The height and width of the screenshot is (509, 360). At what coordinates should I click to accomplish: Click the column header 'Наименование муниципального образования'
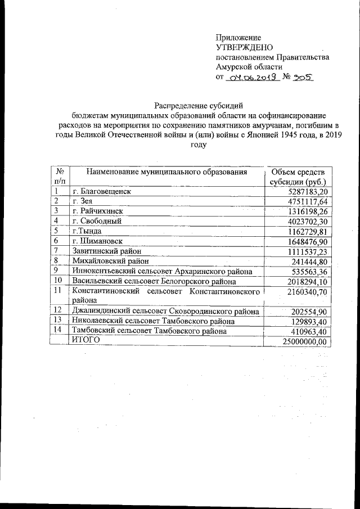click(x=166, y=172)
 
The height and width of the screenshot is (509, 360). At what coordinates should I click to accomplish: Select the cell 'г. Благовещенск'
click(x=102, y=191)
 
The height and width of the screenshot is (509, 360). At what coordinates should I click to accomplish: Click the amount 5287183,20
click(x=306, y=191)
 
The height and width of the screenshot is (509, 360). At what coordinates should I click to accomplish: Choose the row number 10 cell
click(x=57, y=281)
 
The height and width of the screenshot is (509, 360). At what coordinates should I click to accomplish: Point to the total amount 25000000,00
click(x=303, y=341)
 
